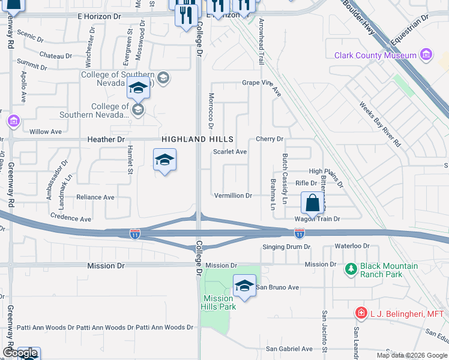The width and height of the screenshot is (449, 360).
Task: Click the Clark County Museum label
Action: tap(375, 56)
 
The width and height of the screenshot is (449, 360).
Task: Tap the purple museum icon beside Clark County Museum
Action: tap(427, 56)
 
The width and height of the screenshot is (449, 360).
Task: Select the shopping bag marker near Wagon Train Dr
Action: tap(313, 203)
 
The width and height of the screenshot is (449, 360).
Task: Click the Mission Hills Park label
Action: tap(218, 302)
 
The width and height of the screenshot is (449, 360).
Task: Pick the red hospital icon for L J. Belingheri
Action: tap(361, 313)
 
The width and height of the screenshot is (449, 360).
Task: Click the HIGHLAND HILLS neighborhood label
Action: tap(197, 139)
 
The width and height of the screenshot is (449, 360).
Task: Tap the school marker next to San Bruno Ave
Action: tap(244, 287)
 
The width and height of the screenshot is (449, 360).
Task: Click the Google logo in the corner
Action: tap(20, 353)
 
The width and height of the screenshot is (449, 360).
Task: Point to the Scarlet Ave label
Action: tap(230, 152)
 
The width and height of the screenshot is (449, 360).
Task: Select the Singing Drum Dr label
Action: tap(286, 247)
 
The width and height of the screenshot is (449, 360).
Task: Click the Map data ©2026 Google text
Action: tap(411, 355)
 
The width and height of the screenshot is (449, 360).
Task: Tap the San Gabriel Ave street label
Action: tap(289, 349)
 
